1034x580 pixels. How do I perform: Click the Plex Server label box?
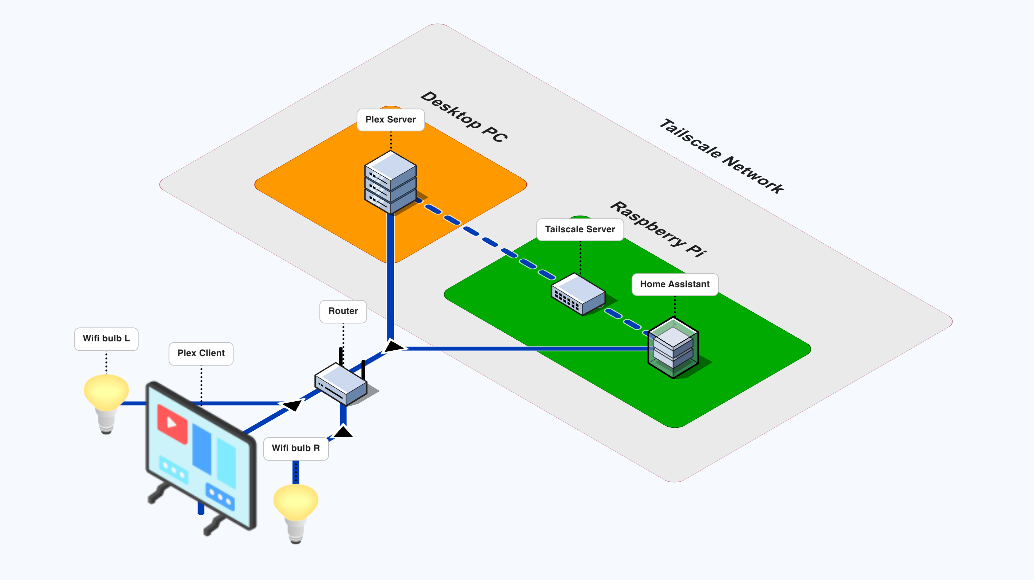point(390,119)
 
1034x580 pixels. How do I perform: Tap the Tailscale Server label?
point(580,230)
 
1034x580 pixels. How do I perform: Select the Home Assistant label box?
point(674,284)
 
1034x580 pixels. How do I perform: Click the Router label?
point(343,311)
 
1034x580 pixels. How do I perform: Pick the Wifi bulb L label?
point(106,339)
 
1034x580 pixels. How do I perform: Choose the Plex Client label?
point(201,353)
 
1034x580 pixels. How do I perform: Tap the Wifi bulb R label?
point(296,448)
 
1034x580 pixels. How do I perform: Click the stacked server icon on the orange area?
point(390,182)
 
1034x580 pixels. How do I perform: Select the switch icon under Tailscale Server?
point(578,294)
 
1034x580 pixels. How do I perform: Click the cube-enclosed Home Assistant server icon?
point(673,347)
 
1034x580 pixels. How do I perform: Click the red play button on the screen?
point(172,423)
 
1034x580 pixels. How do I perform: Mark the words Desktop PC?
point(464,117)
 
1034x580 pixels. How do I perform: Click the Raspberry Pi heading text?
point(658,229)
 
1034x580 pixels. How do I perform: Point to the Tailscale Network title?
point(721,156)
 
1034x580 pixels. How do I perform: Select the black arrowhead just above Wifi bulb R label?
point(343,432)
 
